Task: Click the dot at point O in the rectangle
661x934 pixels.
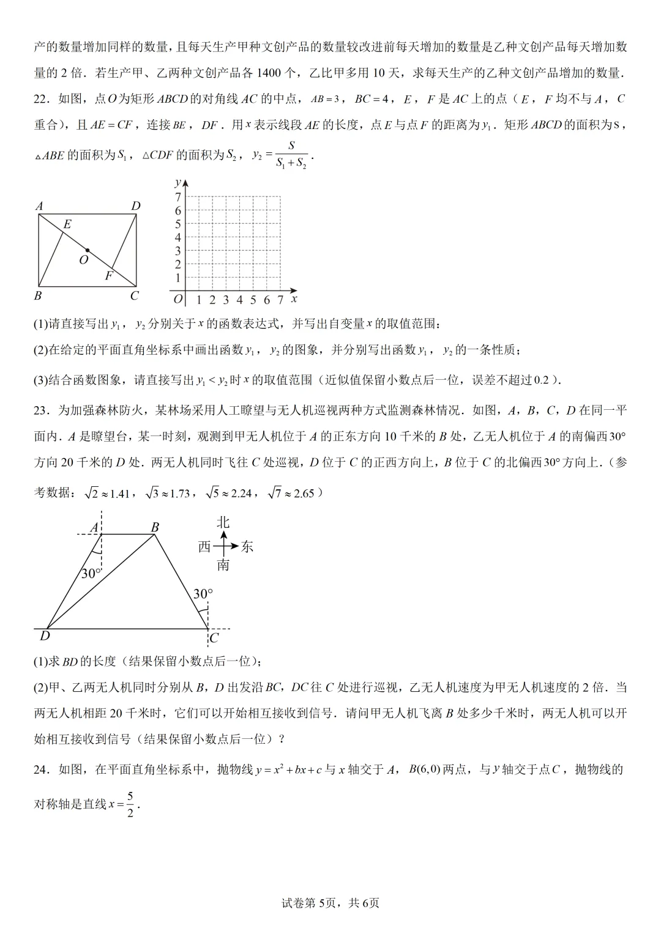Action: pyautogui.click(x=88, y=250)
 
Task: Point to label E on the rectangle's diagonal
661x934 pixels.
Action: pyautogui.click(x=67, y=224)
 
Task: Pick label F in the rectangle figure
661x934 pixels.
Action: pyautogui.click(x=109, y=275)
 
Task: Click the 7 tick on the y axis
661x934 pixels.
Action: pyautogui.click(x=178, y=197)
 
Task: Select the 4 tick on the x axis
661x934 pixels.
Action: pyautogui.click(x=239, y=300)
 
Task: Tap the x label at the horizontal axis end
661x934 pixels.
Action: pyautogui.click(x=294, y=298)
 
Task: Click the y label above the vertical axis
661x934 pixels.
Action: pyautogui.click(x=177, y=182)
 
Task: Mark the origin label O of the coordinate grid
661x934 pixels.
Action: pyautogui.click(x=177, y=300)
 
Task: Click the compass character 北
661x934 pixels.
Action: pyautogui.click(x=223, y=522)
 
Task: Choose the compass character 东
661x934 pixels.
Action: pyautogui.click(x=247, y=546)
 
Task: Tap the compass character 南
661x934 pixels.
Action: pyautogui.click(x=223, y=565)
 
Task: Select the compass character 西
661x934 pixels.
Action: pyautogui.click(x=204, y=546)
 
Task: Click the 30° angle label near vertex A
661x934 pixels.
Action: pyautogui.click(x=91, y=573)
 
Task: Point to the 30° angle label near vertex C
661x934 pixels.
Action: pyautogui.click(x=203, y=594)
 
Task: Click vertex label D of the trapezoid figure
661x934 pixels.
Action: pyautogui.click(x=45, y=637)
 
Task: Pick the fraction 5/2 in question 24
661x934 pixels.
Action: pyautogui.click(x=130, y=804)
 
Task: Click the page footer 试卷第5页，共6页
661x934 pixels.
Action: pyautogui.click(x=330, y=903)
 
